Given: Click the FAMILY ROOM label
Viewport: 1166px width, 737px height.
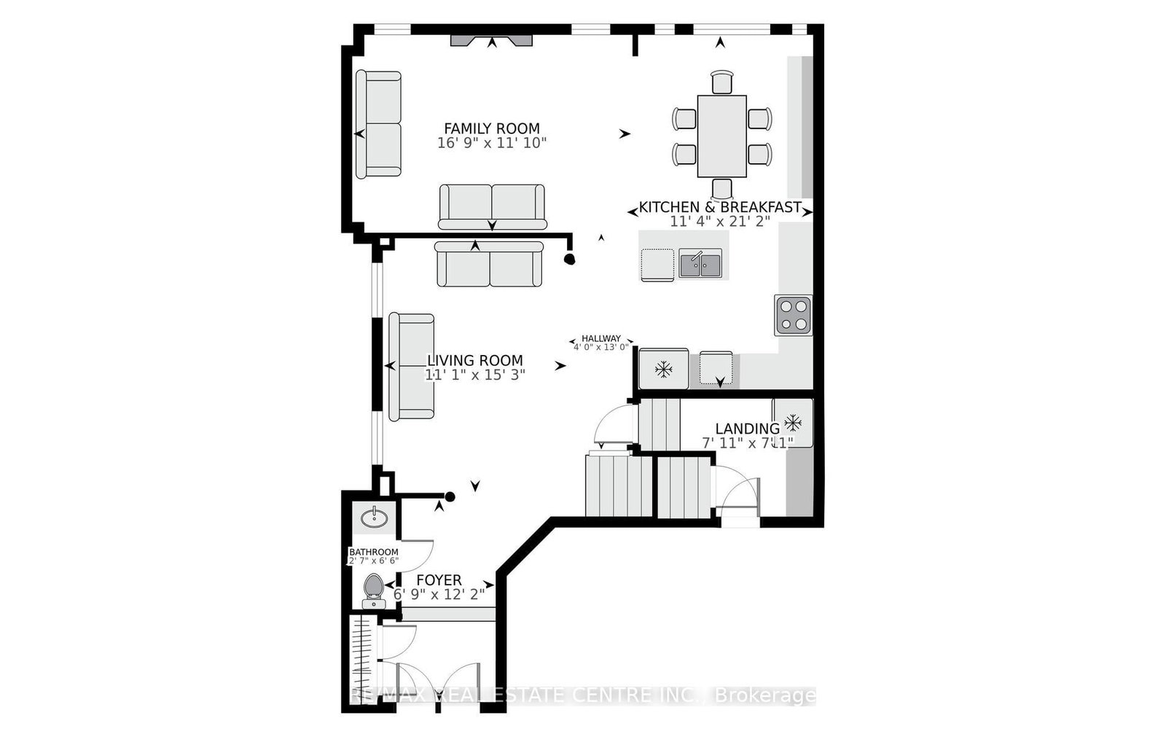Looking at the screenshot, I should click(492, 129).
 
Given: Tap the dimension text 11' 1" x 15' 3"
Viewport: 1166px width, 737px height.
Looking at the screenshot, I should click(475, 375).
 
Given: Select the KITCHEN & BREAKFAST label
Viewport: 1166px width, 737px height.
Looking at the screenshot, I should click(720, 208).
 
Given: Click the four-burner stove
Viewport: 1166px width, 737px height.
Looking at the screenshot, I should click(794, 316).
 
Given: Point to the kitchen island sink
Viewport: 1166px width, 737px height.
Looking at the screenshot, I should click(700, 263).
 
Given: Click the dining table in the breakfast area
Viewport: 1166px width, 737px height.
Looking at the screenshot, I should click(721, 136).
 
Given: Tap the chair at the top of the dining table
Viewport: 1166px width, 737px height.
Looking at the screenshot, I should click(721, 82).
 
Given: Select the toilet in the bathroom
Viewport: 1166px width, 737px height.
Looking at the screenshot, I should click(373, 589).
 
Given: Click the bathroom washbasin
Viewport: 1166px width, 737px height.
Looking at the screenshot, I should click(375, 518).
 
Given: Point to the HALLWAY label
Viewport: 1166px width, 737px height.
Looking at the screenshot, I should click(601, 338).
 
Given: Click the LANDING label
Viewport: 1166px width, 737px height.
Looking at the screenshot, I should click(746, 429).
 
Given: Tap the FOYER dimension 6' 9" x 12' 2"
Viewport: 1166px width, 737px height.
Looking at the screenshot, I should click(439, 594).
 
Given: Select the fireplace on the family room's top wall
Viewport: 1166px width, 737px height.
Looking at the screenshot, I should click(491, 41).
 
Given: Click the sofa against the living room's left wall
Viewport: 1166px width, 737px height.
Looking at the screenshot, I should click(411, 367).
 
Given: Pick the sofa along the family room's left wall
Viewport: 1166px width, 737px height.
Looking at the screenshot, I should click(378, 124).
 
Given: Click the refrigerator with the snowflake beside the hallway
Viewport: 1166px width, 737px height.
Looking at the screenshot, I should click(663, 369).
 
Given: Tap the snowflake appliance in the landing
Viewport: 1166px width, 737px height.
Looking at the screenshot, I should click(793, 422).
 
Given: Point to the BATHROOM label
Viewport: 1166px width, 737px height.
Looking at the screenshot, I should click(373, 552).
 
